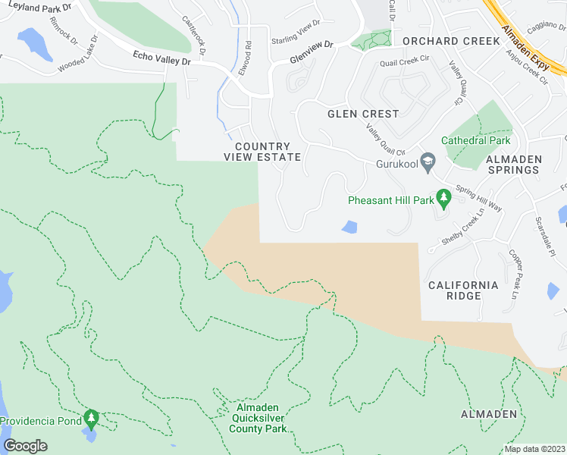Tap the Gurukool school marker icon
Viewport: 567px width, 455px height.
tap(428, 162)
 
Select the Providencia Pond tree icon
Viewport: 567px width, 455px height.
tap(92, 417)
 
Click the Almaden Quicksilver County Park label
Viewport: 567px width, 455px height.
tap(258, 419)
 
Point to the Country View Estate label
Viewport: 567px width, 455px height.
tap(262, 152)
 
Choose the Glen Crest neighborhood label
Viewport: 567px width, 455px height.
tap(363, 114)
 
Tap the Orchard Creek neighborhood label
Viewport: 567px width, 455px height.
tap(451, 41)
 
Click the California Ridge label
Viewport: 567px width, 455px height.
tap(463, 290)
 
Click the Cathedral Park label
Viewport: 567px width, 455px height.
tap(476, 140)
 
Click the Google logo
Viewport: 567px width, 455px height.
tap(26, 446)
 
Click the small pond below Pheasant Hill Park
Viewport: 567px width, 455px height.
tap(349, 227)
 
